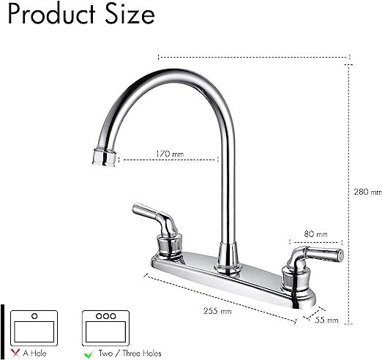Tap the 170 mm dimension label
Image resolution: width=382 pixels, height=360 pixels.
(169, 154)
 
